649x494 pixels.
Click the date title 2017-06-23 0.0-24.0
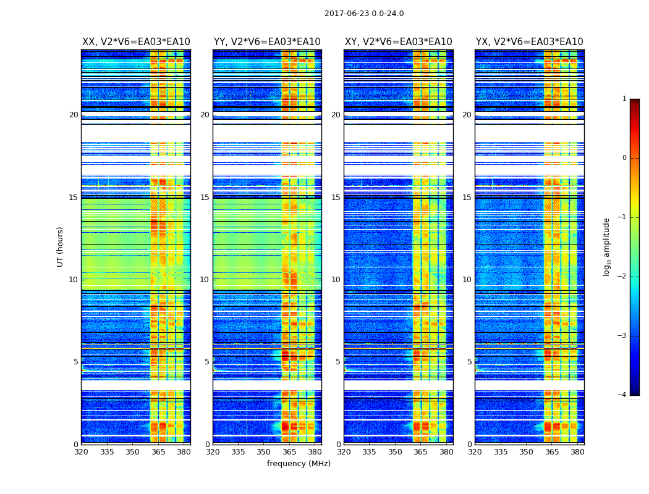[364, 14]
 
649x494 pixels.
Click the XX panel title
[136, 42]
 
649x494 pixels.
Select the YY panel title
[267, 42]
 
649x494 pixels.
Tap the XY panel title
[398, 42]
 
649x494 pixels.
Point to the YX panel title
[529, 42]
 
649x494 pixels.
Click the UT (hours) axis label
[61, 246]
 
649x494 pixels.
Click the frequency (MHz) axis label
[299, 464]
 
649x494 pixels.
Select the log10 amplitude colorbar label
[607, 246]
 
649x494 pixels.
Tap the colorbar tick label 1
[624, 99]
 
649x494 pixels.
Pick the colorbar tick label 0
[624, 158]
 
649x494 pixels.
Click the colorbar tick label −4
[622, 395]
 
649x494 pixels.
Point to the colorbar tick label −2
[622, 277]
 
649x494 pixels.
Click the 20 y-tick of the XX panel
[74, 115]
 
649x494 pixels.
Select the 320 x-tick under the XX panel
[81, 451]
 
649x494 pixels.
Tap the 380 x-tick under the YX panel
[577, 451]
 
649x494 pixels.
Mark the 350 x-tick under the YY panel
[263, 451]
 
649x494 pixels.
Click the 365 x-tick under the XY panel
[420, 451]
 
